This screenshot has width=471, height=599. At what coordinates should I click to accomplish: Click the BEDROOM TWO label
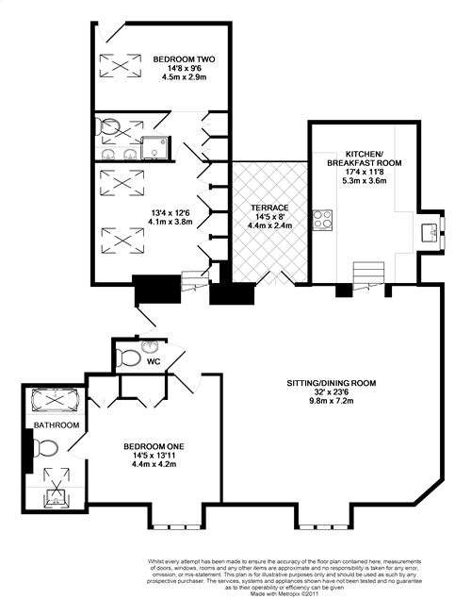click(x=184, y=59)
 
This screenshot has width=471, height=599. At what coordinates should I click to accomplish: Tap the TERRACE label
click(x=269, y=208)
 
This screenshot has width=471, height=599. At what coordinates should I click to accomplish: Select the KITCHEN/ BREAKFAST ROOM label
click(x=365, y=158)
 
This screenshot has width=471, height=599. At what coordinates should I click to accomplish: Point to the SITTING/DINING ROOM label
click(x=331, y=383)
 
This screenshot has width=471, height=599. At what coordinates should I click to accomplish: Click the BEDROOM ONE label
click(x=154, y=446)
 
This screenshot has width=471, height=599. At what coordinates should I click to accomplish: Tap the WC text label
click(x=154, y=361)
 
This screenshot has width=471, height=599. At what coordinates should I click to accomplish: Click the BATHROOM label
click(x=57, y=424)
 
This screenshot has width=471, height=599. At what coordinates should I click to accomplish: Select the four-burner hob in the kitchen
click(x=322, y=220)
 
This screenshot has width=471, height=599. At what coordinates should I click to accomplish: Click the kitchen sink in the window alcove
click(x=430, y=233)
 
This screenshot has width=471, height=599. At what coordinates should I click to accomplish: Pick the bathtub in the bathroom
click(x=56, y=400)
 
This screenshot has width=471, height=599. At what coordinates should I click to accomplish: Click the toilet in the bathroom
click(x=45, y=448)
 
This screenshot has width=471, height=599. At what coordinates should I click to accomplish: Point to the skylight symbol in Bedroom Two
click(x=121, y=66)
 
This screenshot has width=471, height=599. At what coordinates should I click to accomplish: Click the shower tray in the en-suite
click(x=154, y=148)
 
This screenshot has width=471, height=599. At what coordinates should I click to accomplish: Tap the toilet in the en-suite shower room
click(x=108, y=126)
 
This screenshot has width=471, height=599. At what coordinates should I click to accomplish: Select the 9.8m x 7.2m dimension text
click(x=331, y=401)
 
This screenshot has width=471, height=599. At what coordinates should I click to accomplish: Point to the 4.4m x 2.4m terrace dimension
click(x=269, y=225)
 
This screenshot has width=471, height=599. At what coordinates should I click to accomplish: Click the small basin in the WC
click(x=150, y=346)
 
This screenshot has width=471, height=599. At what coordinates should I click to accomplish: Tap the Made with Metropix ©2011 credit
click(x=284, y=594)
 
